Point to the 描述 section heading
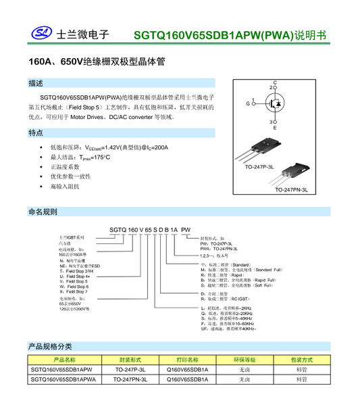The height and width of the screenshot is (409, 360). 36,83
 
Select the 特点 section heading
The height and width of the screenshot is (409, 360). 36,133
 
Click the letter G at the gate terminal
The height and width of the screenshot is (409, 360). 248,103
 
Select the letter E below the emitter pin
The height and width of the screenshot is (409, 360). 274,128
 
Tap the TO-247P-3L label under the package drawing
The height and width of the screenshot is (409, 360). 260,166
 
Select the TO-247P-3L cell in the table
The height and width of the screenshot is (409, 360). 130,370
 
